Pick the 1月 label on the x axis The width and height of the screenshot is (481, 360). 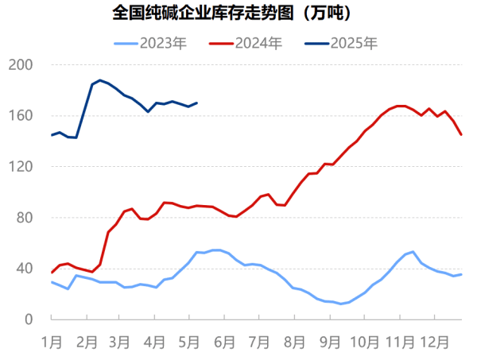52,343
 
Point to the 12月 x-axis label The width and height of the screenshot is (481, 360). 434,343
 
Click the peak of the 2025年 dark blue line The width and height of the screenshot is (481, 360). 100,80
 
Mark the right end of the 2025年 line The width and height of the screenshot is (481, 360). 197,103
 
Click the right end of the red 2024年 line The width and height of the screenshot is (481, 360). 461,134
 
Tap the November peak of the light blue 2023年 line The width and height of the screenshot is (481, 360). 413,252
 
